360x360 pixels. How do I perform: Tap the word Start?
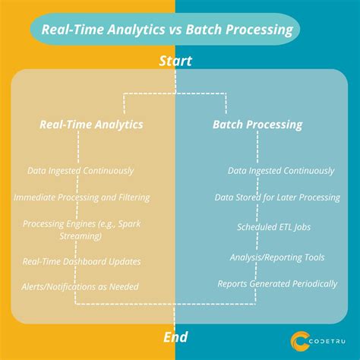tap(175, 61)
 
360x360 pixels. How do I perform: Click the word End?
tap(175, 336)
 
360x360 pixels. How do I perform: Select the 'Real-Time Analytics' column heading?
tap(91, 124)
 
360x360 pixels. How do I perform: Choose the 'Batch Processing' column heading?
tap(257, 124)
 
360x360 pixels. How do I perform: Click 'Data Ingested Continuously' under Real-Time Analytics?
tap(81, 171)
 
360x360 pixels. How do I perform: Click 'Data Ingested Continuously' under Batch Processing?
tap(281, 171)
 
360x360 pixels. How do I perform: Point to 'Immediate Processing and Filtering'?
tap(81, 197)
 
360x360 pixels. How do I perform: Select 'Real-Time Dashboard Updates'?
tap(81, 261)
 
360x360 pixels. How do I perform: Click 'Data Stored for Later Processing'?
tap(276, 197)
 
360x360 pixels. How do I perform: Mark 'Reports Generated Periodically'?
tap(276, 283)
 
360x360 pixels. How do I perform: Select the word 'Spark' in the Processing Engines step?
tap(134, 224)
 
